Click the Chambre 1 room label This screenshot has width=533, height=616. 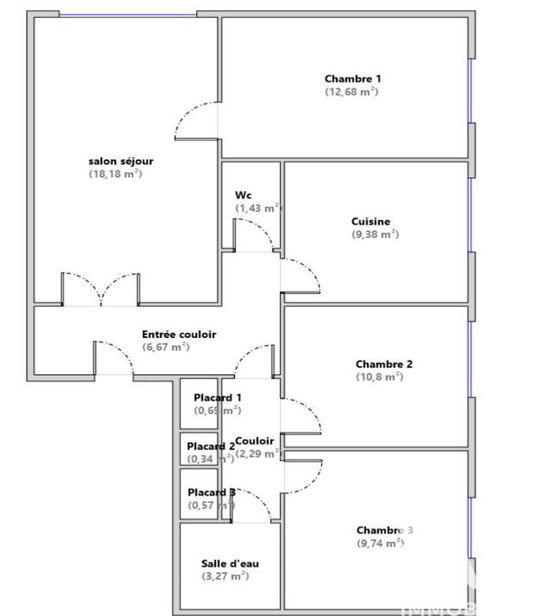[353, 79]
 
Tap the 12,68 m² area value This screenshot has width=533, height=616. [351, 92]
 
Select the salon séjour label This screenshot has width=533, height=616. [121, 161]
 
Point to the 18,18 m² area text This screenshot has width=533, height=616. [115, 174]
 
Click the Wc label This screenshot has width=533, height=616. [243, 196]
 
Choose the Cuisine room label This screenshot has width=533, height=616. [371, 221]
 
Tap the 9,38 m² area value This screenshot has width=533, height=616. [374, 234]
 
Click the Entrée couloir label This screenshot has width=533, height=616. [179, 334]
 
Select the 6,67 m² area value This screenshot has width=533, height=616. [166, 347]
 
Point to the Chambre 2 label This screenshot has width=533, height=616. [385, 364]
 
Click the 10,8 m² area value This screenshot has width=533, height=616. [379, 377]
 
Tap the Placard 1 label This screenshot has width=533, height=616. [218, 397]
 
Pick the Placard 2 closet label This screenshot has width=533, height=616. [211, 446]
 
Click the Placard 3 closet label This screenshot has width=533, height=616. [212, 492]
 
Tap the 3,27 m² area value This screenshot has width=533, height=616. [225, 576]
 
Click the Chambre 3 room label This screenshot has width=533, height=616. [385, 530]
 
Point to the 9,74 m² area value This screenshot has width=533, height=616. [380, 543]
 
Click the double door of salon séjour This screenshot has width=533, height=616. [101, 290]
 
